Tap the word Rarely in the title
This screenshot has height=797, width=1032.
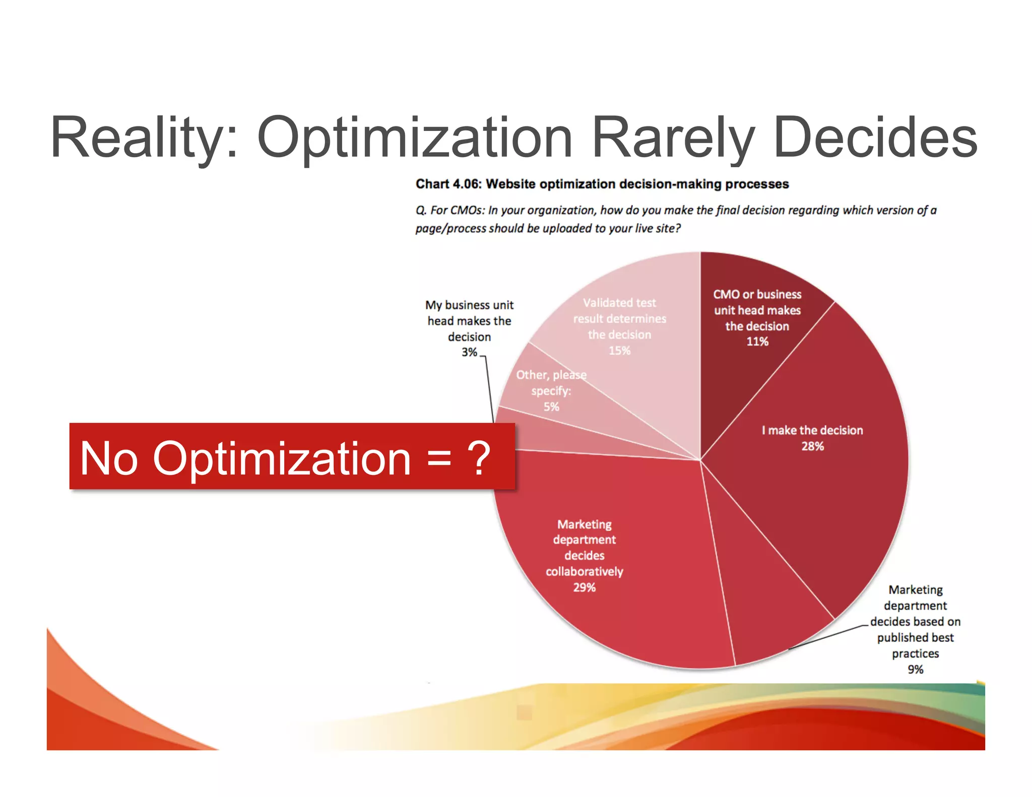[673, 137]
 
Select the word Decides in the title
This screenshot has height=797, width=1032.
[874, 137]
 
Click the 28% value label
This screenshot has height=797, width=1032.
[812, 446]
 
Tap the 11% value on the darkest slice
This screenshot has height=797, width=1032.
[757, 342]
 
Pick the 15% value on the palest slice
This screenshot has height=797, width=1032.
[619, 351]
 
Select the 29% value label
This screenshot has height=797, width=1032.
[584, 587]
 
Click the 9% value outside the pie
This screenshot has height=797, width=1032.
[915, 670]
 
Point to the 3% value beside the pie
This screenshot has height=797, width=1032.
[469, 352]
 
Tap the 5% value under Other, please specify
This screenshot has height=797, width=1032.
[551, 407]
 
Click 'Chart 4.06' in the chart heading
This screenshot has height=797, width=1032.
[447, 184]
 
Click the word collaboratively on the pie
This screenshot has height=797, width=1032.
[584, 572]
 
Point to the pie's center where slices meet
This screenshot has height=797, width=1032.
[700, 460]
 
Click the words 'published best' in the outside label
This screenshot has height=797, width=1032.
[915, 638]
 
